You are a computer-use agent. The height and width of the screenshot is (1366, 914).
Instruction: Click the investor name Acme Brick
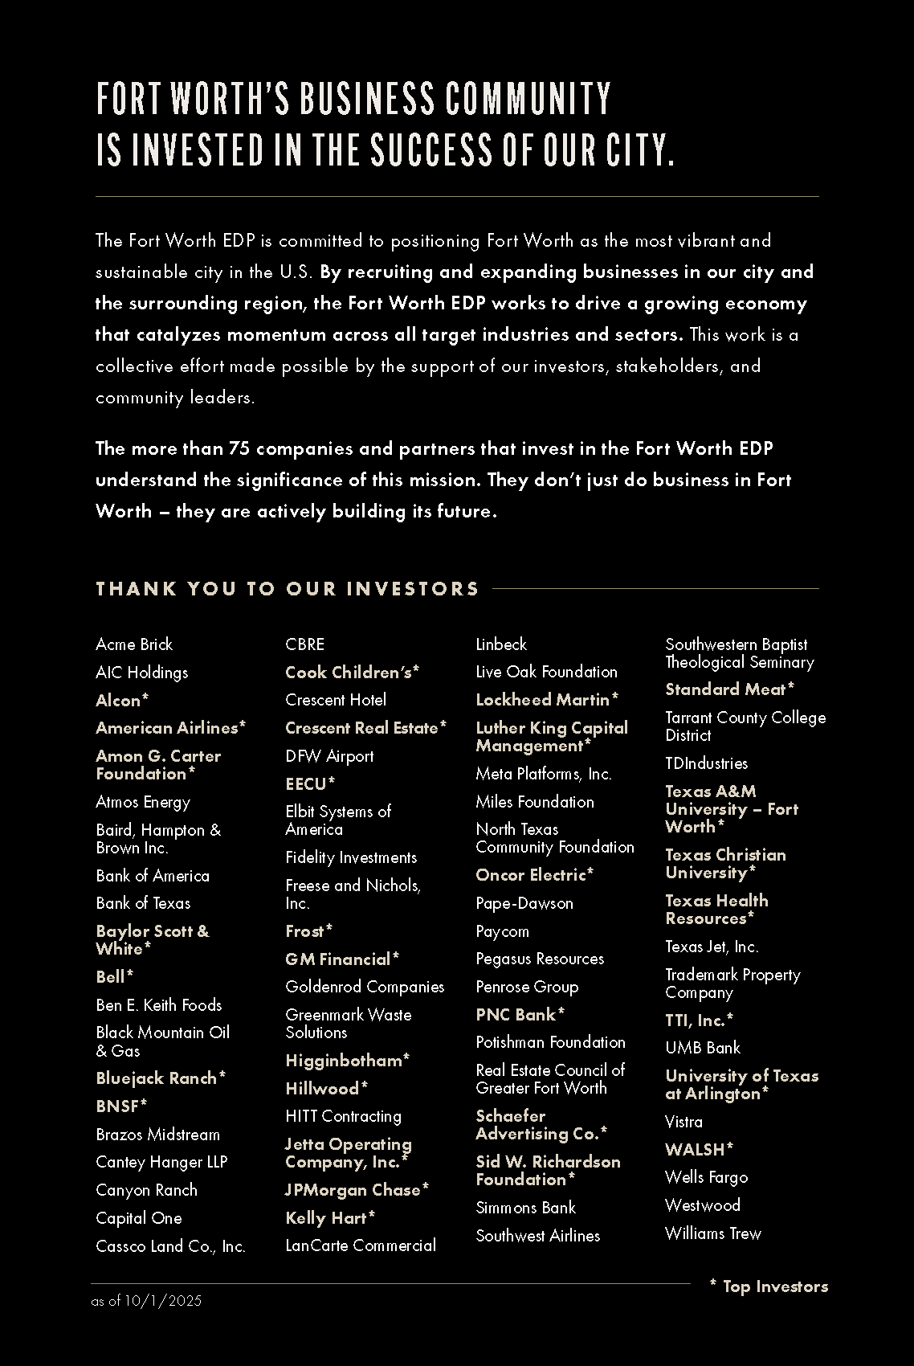tap(134, 644)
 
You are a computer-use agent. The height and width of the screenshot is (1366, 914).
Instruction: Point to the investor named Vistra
tap(683, 1122)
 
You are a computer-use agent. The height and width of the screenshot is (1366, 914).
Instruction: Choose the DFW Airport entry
tap(329, 756)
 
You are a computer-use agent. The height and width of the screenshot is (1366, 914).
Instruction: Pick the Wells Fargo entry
tap(706, 1178)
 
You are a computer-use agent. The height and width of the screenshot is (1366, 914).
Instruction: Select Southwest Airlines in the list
tap(537, 1236)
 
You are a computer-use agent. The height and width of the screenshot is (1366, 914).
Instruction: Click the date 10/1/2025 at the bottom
tap(163, 1301)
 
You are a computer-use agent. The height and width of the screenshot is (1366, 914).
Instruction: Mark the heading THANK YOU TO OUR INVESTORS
tap(287, 589)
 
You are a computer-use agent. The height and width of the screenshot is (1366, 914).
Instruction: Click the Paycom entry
tap(502, 931)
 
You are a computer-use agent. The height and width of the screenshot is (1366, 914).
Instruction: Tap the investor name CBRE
tap(305, 644)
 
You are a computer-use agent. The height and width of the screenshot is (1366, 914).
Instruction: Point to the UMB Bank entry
tap(703, 1048)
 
